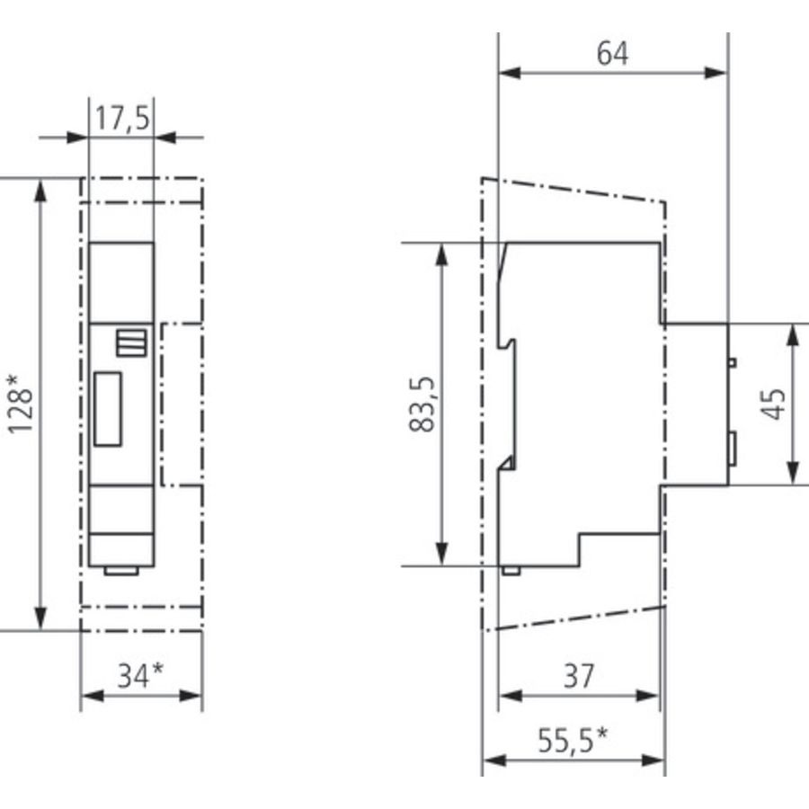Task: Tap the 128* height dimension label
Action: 20,404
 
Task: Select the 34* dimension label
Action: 140,676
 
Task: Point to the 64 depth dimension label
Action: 613,53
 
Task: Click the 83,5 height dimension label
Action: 422,404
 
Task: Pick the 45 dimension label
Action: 772,404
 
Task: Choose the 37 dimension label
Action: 579,676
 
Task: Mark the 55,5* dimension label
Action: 573,741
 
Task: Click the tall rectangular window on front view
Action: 108,409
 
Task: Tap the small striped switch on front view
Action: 131,342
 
